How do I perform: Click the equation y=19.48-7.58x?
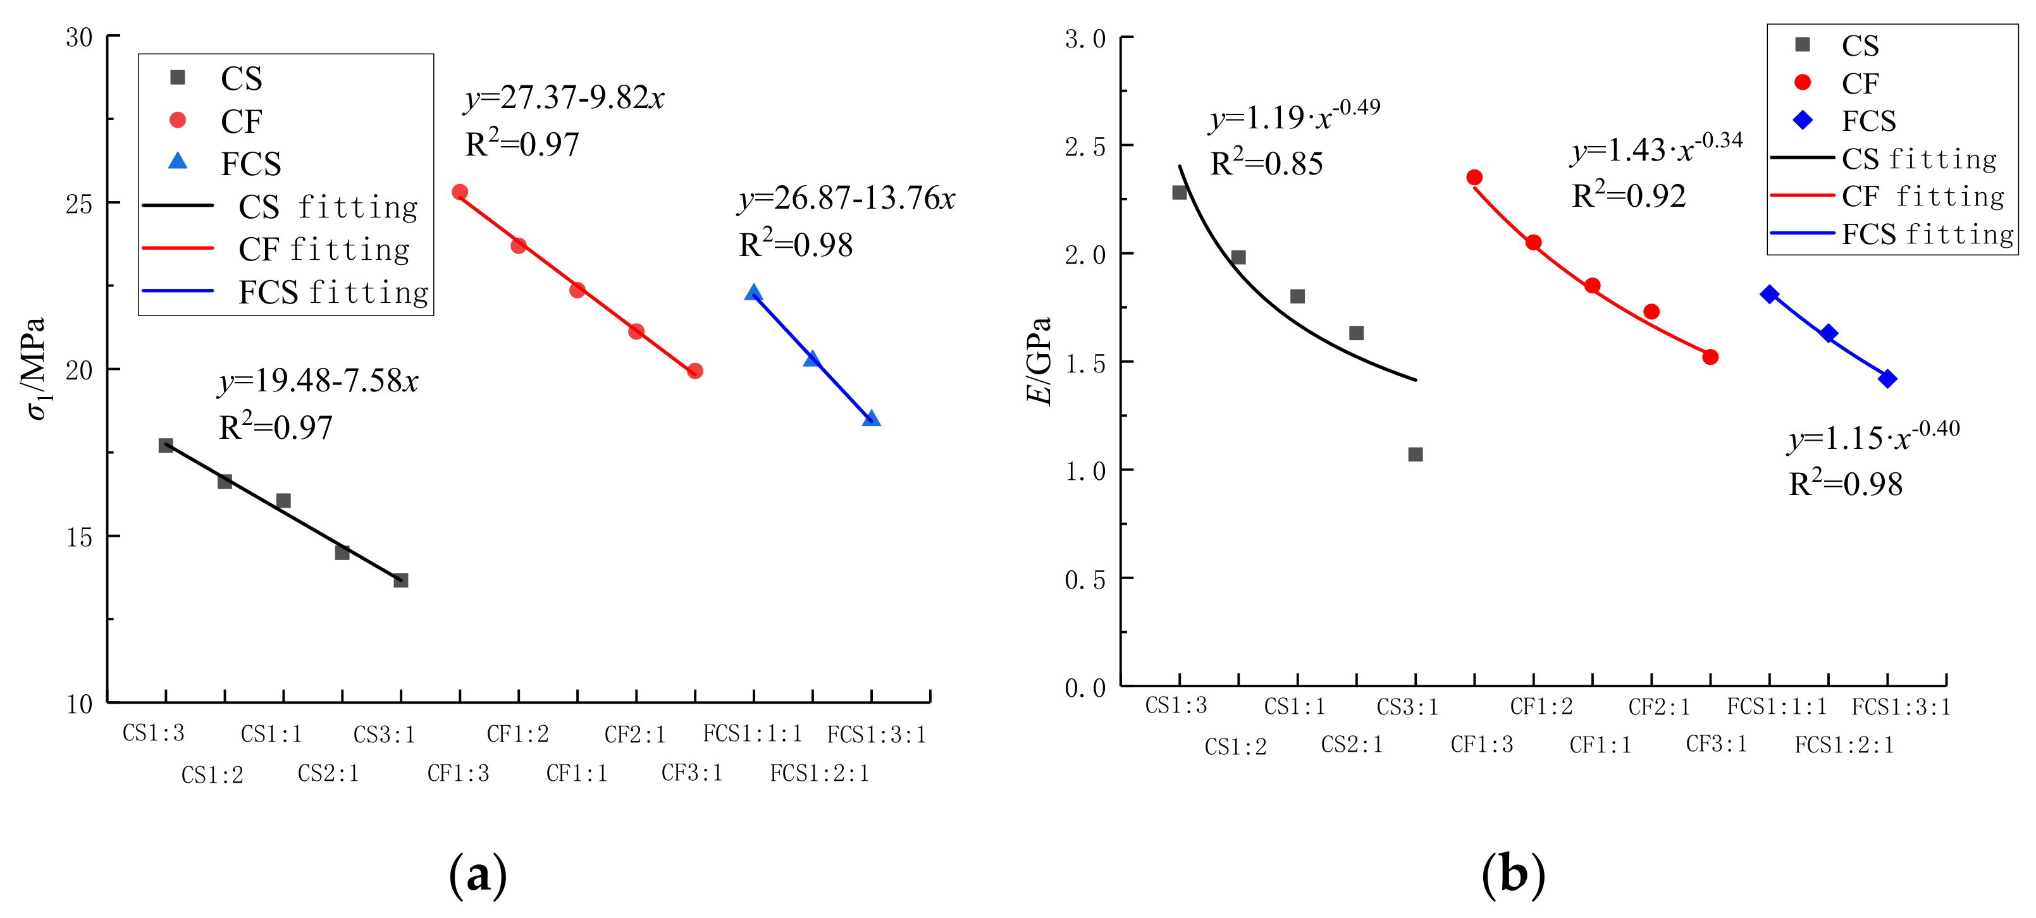pos(319,382)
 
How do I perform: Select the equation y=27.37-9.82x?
pos(564,98)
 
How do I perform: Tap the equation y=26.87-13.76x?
pos(846,199)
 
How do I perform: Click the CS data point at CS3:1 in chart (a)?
pos(401,580)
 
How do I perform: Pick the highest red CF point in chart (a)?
pos(460,192)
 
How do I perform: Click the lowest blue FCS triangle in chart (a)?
pos(871,419)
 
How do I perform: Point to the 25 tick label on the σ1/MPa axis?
pos(79,204)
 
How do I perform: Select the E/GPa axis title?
pos(1039,360)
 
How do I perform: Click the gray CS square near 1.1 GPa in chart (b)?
pos(1416,455)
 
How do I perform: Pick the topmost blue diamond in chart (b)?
pos(1770,294)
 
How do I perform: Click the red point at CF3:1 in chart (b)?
pos(1710,357)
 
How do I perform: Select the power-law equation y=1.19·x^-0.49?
pos(1295,117)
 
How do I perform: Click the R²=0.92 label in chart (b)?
pos(1628,196)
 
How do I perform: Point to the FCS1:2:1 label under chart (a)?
pos(820,773)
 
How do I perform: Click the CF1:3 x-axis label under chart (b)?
pos(1481,744)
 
